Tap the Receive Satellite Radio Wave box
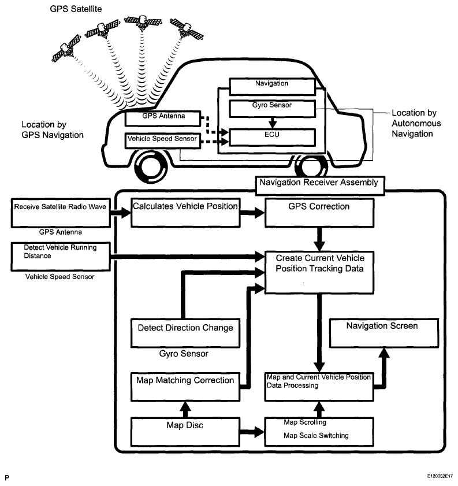(x=61, y=212)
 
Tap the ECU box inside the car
(x=272, y=137)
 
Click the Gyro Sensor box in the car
(x=272, y=107)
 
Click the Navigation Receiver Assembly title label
(x=318, y=183)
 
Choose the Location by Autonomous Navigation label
(x=416, y=123)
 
